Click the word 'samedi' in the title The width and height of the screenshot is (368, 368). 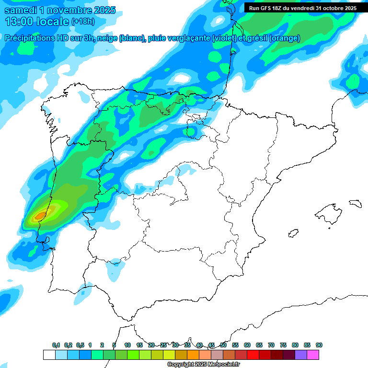click(x=21, y=10)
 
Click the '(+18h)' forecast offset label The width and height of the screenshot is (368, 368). click(x=83, y=21)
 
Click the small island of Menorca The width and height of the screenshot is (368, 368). click(x=355, y=203)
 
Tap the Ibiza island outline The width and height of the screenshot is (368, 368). click(x=293, y=233)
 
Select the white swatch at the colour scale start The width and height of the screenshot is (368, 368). click(x=49, y=355)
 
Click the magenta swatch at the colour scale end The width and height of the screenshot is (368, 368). click(x=313, y=355)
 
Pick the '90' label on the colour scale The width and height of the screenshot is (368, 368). click(x=319, y=345)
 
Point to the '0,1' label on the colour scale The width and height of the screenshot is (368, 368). click(x=56, y=345)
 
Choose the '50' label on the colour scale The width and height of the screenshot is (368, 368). click(x=223, y=345)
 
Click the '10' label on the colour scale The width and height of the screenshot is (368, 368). click(x=127, y=345)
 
